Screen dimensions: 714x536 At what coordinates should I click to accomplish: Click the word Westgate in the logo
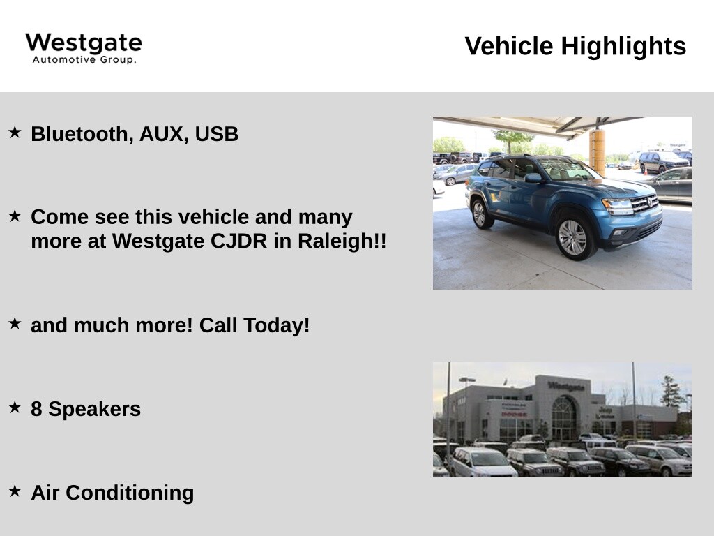(84, 43)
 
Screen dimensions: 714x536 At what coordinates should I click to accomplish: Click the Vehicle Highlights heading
(575, 46)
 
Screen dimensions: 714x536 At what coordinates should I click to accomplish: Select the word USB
(216, 134)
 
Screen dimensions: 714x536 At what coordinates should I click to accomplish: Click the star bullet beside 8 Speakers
(15, 407)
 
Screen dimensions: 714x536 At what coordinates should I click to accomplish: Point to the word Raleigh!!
(342, 241)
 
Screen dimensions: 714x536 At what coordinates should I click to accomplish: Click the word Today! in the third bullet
(276, 325)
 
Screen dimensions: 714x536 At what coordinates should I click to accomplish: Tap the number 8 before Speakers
(36, 409)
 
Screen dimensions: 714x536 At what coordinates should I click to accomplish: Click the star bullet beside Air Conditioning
(15, 491)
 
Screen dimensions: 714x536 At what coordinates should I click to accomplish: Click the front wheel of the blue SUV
(573, 237)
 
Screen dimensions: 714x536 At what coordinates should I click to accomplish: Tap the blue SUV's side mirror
(533, 178)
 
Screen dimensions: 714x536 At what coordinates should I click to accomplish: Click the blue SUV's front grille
(644, 203)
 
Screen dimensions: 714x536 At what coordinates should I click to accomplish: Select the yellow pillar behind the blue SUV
(597, 152)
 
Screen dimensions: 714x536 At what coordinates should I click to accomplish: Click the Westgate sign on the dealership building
(566, 386)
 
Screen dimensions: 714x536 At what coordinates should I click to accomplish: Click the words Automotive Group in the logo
(84, 60)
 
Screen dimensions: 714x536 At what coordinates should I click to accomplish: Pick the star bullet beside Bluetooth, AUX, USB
(15, 132)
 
